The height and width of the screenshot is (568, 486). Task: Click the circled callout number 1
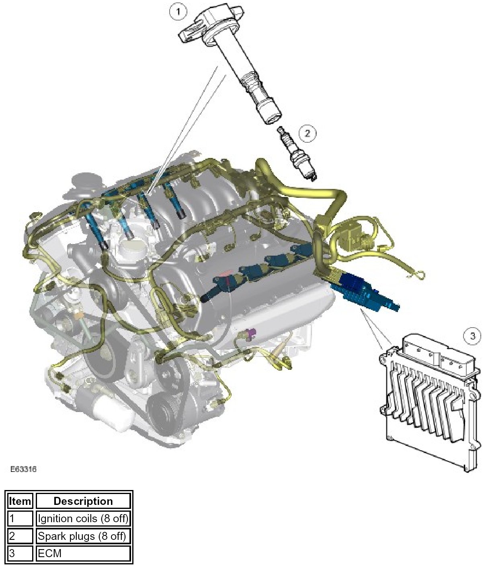pyautogui.click(x=178, y=12)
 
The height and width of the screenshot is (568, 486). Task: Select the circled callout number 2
pyautogui.click(x=307, y=133)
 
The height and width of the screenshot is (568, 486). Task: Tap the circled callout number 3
pyautogui.click(x=472, y=336)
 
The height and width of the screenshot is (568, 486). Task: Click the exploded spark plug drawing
pyautogui.click(x=297, y=154)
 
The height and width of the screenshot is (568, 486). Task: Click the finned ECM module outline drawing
pyautogui.click(x=430, y=402)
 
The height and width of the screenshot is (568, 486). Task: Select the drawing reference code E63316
pyautogui.click(x=23, y=469)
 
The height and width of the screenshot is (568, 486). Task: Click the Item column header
pyautogui.click(x=20, y=501)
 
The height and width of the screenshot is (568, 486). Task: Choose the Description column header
pyautogui.click(x=83, y=501)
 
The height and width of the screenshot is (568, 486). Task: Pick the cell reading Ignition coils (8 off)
pyautogui.click(x=83, y=519)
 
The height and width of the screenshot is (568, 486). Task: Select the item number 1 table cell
pyautogui.click(x=20, y=519)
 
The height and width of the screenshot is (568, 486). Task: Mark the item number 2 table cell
pyautogui.click(x=20, y=536)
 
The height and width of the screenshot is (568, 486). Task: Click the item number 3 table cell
pyautogui.click(x=20, y=553)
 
